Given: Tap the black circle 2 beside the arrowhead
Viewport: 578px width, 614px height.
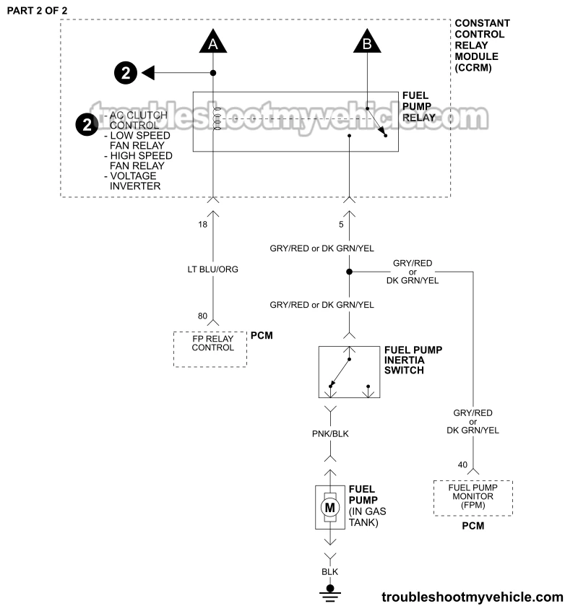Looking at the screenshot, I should [x=125, y=72].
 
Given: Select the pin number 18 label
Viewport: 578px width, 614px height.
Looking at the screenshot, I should [x=203, y=225].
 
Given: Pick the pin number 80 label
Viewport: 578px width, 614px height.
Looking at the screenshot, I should [x=203, y=316].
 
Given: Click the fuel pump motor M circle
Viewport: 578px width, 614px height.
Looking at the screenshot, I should [x=330, y=508].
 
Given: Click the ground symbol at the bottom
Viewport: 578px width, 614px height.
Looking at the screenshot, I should [x=330, y=590].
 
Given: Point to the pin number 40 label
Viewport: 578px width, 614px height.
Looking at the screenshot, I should [x=463, y=464].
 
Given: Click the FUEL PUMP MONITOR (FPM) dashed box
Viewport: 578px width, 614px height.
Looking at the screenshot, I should [x=473, y=497].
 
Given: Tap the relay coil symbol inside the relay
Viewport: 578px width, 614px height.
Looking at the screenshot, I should [x=214, y=121].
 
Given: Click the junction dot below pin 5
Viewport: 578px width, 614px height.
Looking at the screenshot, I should [x=349, y=272].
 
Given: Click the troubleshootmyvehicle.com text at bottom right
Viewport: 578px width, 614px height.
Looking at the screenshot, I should [x=472, y=597].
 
